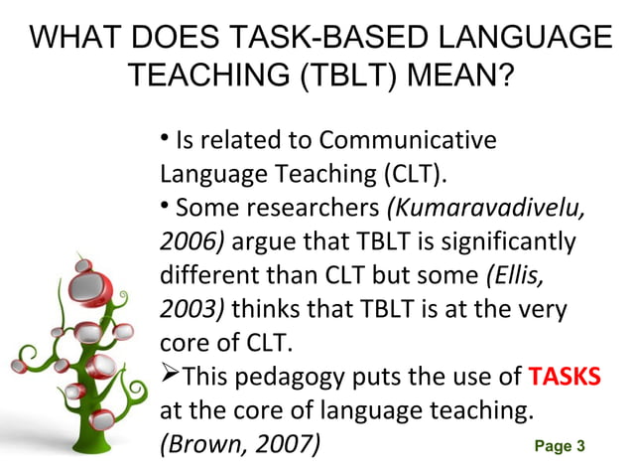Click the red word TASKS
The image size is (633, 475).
click(x=565, y=378)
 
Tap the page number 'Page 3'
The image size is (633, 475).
click(x=560, y=446)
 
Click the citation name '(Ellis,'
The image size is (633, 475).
click(x=520, y=275)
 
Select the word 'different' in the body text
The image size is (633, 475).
click(x=202, y=275)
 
